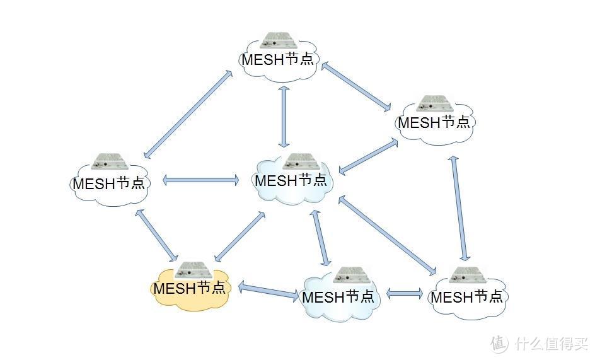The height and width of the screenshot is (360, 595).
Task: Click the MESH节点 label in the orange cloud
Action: click(189, 289)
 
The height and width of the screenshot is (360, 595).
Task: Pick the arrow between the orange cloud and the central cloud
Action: click(240, 236)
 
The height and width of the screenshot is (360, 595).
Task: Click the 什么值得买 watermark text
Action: click(550, 344)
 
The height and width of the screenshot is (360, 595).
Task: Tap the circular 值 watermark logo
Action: click(499, 344)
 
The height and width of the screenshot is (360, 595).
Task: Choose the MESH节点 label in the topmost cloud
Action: click(277, 60)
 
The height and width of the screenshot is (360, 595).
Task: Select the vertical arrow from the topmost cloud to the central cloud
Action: click(284, 117)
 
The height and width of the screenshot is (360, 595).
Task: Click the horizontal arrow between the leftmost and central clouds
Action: click(201, 180)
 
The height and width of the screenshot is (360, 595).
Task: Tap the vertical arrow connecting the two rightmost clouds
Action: click(459, 208)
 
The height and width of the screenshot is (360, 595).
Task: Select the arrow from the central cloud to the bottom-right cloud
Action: click(387, 236)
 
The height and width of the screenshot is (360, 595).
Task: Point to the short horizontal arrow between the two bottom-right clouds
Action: click(405, 293)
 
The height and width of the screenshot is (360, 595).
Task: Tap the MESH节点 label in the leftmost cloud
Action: click(108, 183)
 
